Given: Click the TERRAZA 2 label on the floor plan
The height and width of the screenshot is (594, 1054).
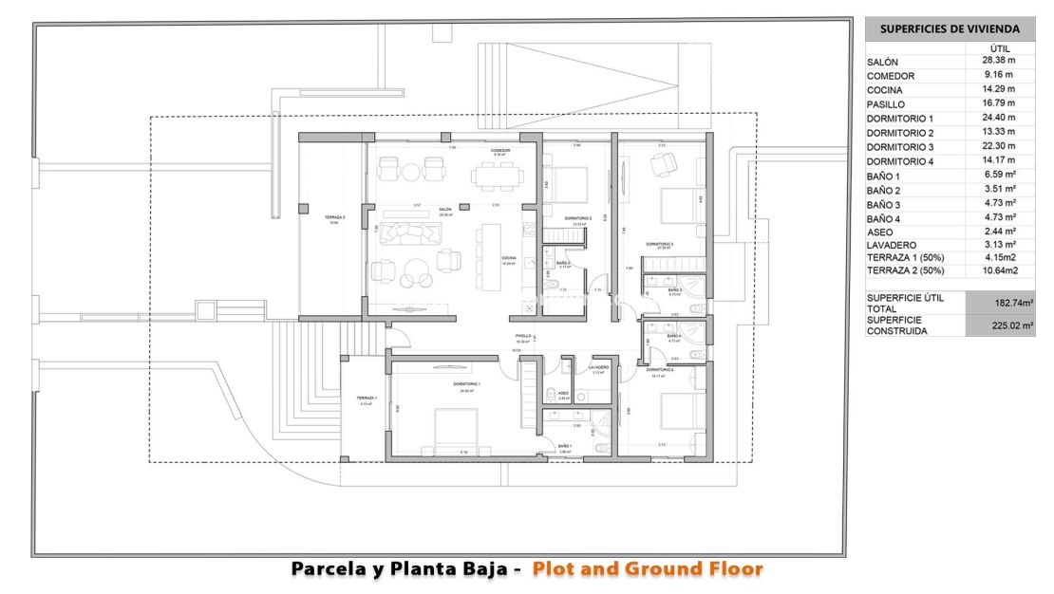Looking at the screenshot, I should (334, 217).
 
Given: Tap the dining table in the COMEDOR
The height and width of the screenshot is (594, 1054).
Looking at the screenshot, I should (499, 173).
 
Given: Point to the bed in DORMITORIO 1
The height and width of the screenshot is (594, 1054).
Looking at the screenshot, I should (458, 426).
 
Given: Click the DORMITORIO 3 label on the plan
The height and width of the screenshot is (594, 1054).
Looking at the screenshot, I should (660, 245).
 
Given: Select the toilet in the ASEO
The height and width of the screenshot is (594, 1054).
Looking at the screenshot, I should (552, 395).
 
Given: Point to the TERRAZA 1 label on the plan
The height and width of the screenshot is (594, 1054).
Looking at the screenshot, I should (367, 399).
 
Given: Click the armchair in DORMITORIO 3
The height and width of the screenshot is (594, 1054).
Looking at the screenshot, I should (658, 165).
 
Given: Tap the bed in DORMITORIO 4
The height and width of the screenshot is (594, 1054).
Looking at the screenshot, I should (680, 410).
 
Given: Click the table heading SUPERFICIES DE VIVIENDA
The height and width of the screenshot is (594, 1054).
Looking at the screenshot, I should (950, 28).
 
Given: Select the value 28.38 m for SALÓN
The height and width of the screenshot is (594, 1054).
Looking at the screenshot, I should (998, 61).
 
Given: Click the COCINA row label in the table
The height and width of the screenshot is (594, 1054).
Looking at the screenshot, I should (885, 90).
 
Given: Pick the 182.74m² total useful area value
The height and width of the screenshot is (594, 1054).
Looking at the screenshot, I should (1000, 303).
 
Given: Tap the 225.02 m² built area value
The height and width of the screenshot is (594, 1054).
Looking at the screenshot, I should (1000, 325).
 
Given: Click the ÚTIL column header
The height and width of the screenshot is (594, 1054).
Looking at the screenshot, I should (999, 47).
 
